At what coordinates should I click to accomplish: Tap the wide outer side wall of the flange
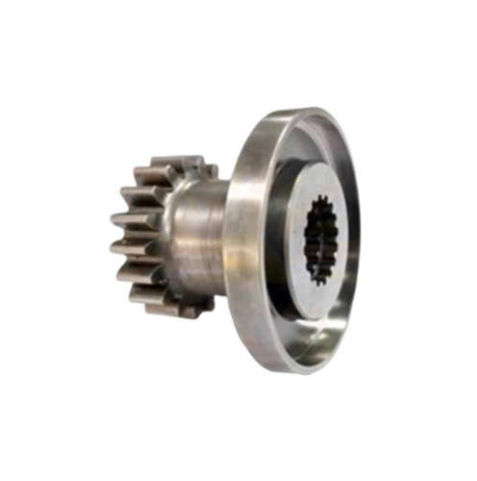click(x=245, y=240)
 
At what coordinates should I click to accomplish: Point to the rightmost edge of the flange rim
click(x=360, y=240)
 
